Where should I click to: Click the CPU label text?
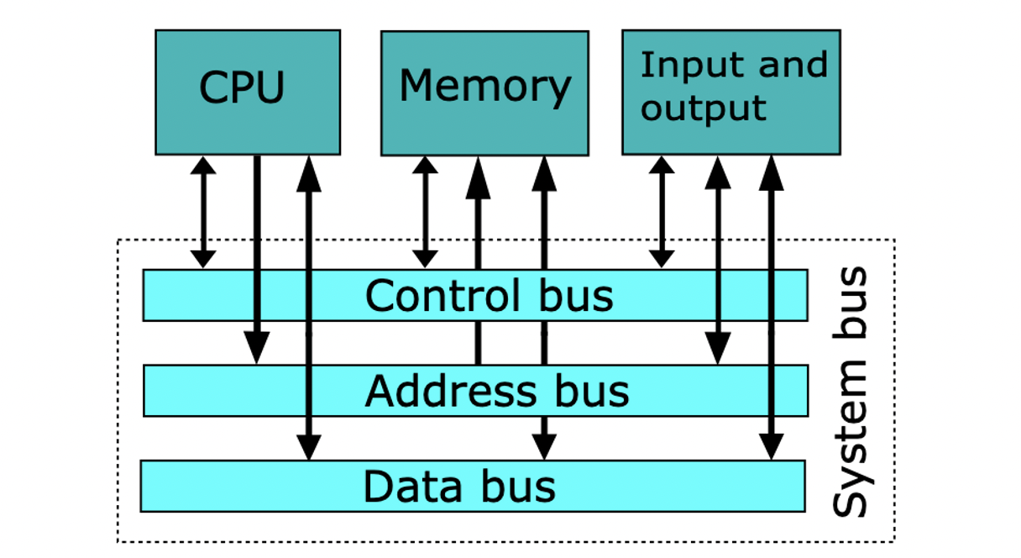coord(242,87)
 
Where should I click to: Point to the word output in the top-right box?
coord(704,108)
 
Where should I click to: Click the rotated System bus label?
coord(851,392)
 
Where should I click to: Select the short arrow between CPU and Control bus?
coord(202,212)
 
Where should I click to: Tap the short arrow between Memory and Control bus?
coord(426,212)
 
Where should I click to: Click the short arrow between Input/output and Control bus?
coord(662,212)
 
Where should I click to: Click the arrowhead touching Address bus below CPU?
coord(256,349)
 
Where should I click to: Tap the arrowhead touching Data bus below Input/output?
coord(770,446)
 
